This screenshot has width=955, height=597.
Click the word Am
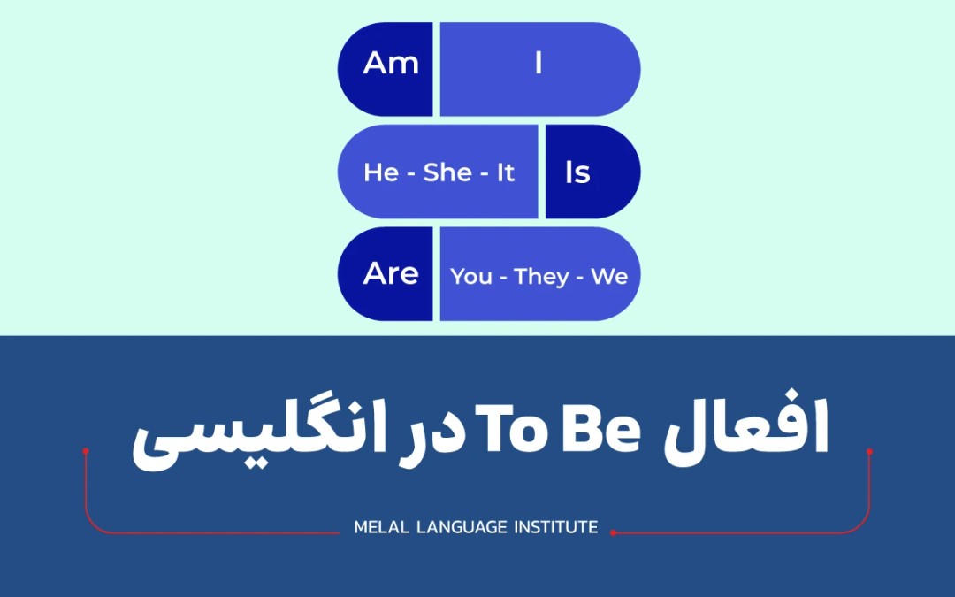click(x=391, y=65)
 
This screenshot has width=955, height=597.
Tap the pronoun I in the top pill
click(x=539, y=65)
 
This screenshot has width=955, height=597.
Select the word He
click(x=381, y=172)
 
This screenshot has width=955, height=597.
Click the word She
click(x=447, y=172)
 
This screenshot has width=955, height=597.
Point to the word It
click(x=505, y=172)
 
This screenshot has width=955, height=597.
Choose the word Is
click(x=577, y=172)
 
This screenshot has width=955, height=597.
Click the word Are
click(x=391, y=274)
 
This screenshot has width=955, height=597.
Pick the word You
click(x=471, y=277)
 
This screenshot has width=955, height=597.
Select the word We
click(x=609, y=277)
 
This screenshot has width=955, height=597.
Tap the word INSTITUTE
click(x=557, y=528)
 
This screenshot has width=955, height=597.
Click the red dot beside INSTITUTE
click(x=613, y=532)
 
